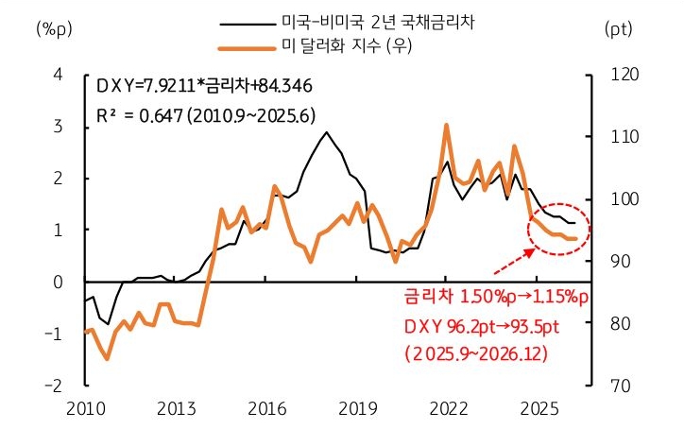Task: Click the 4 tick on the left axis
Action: pyautogui.click(x=59, y=75)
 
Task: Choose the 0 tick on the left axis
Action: pyautogui.click(x=59, y=283)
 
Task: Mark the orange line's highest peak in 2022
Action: pyautogui.click(x=446, y=125)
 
